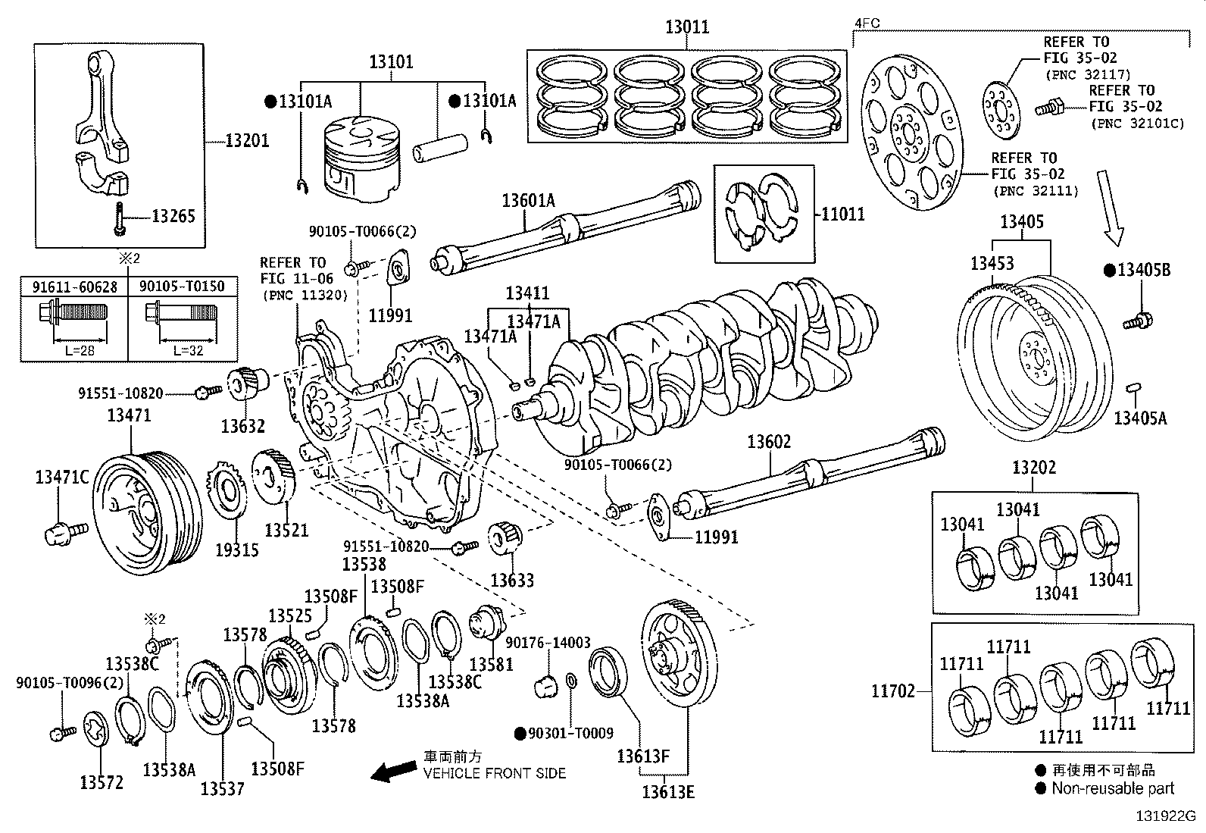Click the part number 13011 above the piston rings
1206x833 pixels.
pos(687,27)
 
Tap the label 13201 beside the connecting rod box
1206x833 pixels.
pos(247,141)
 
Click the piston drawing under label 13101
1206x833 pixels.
pos(361,161)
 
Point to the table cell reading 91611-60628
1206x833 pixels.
pos(74,286)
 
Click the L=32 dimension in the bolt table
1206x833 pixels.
pos(188,351)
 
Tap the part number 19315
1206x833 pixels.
pos(236,550)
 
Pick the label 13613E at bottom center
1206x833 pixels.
pos(668,792)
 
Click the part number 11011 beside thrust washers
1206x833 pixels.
pos(842,215)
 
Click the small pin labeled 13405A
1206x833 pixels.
pos(1134,389)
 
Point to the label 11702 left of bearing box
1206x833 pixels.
pos(893,691)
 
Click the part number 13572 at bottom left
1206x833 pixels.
pos(102,782)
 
